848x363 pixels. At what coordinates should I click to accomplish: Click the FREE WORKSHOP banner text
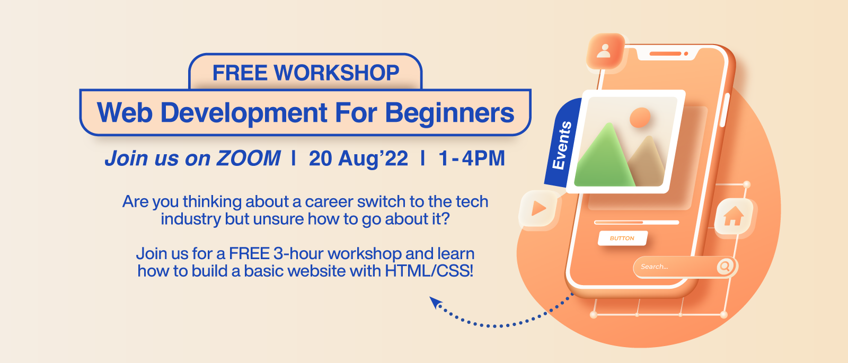[x=305, y=72]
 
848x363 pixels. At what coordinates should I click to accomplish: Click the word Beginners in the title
[x=450, y=113]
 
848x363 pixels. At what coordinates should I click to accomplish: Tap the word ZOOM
[x=249, y=158]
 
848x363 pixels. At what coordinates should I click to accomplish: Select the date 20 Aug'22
[x=358, y=158]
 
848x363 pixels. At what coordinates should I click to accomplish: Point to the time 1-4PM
[x=472, y=158]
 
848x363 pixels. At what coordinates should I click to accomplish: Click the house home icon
[x=734, y=216]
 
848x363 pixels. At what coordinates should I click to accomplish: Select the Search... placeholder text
[x=654, y=267]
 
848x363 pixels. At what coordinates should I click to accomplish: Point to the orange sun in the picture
[x=640, y=117]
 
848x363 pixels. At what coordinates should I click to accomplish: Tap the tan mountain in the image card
[x=647, y=162]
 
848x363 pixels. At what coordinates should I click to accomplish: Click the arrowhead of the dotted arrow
[x=435, y=302]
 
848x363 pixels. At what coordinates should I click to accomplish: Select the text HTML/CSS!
[x=429, y=271]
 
